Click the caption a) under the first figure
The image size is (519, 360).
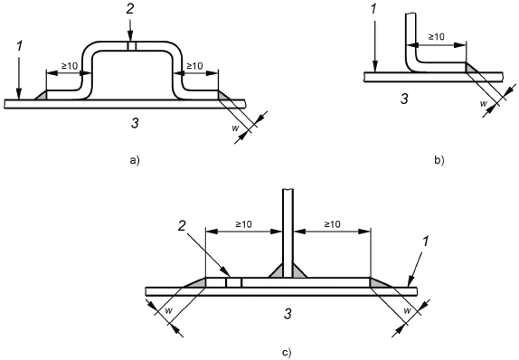tap(135, 161)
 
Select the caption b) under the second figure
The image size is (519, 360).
tap(439, 161)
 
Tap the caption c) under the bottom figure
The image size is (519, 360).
tap(287, 353)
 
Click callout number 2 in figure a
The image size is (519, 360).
tap(130, 9)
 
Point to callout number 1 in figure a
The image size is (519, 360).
tap(20, 46)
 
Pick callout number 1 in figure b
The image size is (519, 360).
tap(374, 9)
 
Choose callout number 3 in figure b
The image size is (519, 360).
tap(404, 99)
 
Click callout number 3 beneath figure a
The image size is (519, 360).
tap(135, 123)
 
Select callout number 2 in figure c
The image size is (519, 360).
tap(182, 226)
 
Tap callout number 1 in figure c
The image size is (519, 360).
tap(425, 242)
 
